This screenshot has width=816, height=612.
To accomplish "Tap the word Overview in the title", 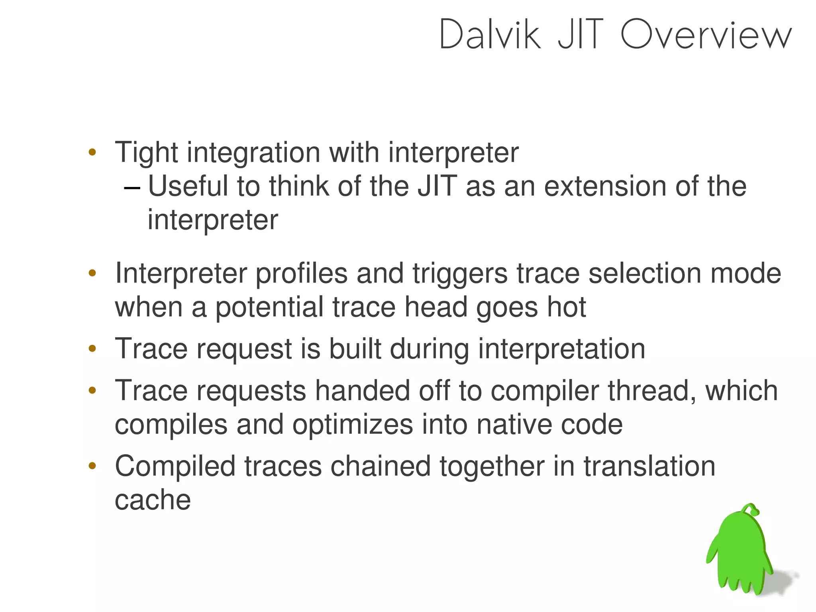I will tap(706, 35).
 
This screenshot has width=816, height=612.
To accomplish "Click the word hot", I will tap(566, 307).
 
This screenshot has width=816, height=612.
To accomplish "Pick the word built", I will tap(355, 349).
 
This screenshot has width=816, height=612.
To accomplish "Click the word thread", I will tap(652, 391).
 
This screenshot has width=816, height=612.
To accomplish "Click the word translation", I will tap(649, 466).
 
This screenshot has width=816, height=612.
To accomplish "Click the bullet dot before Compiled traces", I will tap(92, 466).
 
